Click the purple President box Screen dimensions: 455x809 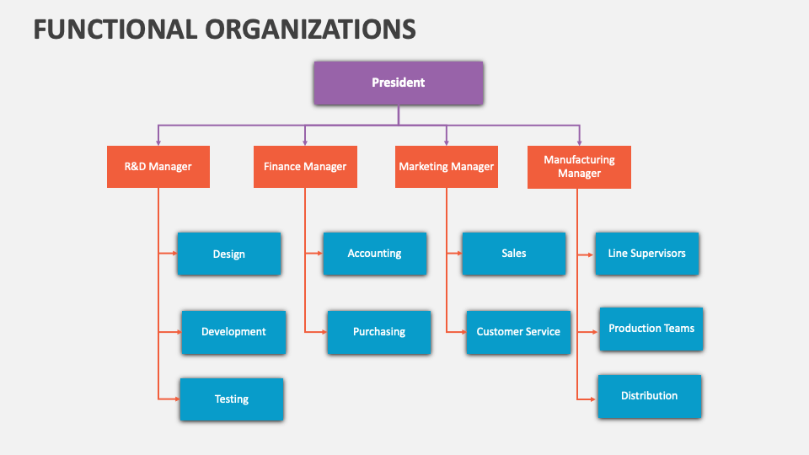coord(399,83)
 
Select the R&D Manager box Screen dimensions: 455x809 coord(158,167)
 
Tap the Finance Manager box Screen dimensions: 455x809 coord(305,167)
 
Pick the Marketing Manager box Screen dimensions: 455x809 coord(447,167)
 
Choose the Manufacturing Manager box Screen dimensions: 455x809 coord(579,167)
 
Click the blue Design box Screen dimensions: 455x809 coord(229,254)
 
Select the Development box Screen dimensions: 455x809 coord(233,332)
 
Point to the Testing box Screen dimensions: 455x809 coord(232,399)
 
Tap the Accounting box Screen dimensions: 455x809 coord(374,254)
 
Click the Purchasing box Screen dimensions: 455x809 coord(379,332)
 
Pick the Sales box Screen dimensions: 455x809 coord(513,254)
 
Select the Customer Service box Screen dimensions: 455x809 coord(518,332)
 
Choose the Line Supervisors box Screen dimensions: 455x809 coord(647,254)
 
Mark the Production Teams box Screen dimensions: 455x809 coord(651,329)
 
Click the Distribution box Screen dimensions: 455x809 coord(649,396)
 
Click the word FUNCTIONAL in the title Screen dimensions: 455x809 coord(114,29)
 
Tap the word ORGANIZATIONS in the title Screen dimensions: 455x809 coord(309,29)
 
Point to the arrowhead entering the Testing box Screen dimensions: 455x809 coord(175,399)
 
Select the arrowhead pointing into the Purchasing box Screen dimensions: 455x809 coord(324,332)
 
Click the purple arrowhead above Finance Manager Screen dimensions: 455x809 coord(305,142)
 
